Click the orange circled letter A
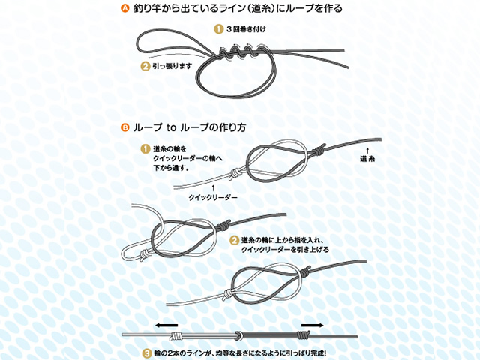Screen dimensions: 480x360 click(125, 8)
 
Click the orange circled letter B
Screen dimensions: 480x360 click(125, 127)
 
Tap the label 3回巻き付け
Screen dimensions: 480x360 click(246, 29)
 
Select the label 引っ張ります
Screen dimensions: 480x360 click(172, 66)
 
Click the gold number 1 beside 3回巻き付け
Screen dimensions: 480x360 click(218, 29)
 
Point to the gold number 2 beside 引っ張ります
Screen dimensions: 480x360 click(145, 66)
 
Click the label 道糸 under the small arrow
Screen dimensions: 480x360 click(367, 159)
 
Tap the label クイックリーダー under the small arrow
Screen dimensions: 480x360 click(213, 197)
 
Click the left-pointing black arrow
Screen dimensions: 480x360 click(166, 325)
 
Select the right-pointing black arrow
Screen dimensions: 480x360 click(312, 325)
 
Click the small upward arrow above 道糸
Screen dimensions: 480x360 click(367, 150)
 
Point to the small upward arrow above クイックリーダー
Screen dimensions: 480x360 click(213, 188)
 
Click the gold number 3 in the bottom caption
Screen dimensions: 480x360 click(148, 353)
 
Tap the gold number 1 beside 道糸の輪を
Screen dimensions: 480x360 click(145, 149)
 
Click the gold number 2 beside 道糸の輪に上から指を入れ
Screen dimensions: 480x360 click(234, 240)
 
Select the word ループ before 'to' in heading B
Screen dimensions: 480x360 click(148, 127)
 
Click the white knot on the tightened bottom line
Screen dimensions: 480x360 click(175, 336)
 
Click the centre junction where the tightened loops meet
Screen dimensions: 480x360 click(238, 335)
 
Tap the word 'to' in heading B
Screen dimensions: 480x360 click(172, 128)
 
